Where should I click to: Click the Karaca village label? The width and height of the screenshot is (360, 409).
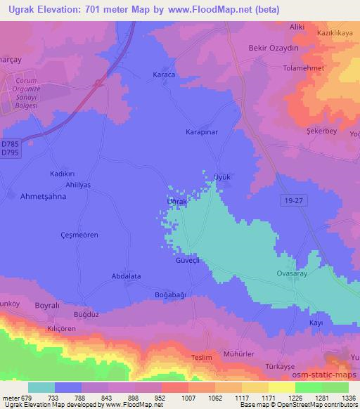coord(163,74)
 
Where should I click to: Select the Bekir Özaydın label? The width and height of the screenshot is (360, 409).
coord(270,46)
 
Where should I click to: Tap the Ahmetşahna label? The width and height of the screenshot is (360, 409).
coord(43,197)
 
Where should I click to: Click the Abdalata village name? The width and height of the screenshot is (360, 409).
coord(127,276)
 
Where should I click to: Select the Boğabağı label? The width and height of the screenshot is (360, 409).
coord(170,295)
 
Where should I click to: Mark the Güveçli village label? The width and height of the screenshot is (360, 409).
coord(188,259)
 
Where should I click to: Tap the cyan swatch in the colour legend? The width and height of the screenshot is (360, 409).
coord(41,387)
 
